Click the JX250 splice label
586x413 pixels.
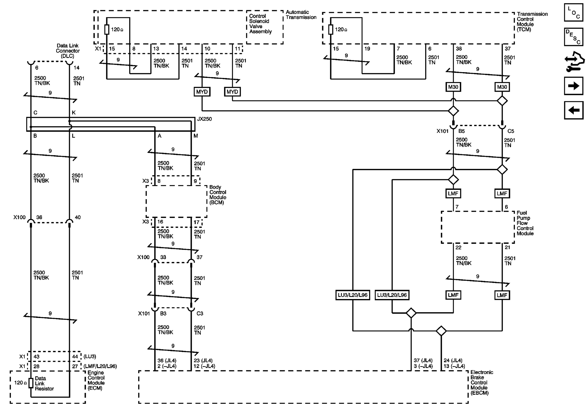pos(204,119)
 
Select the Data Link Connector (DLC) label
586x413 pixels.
pos(68,51)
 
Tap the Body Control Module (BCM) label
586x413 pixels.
pos(218,195)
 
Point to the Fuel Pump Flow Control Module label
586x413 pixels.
pos(525,223)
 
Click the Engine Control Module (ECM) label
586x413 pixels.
pos(96,380)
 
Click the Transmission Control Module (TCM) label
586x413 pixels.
pos(532,21)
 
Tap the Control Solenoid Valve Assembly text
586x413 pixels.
pos(260,24)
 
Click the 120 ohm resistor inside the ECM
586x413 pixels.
pos(31,383)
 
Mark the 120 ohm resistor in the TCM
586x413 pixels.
pos(330,29)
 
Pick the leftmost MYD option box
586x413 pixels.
pos(202,92)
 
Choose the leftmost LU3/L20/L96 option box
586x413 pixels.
pos(352,295)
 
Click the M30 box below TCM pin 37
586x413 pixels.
pos(502,87)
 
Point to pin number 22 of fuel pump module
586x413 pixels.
pos(458,247)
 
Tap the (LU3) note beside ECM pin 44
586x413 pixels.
pos(89,356)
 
